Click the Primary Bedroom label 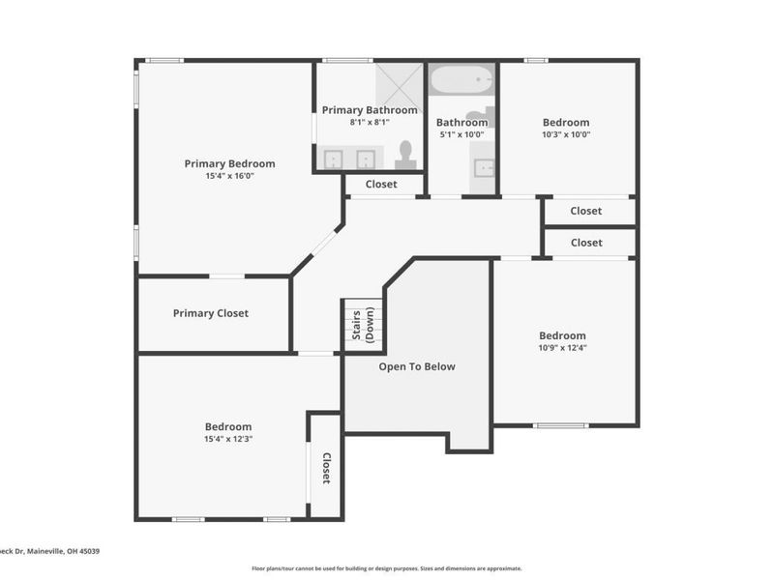tap(229, 163)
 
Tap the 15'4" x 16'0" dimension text tap(229, 176)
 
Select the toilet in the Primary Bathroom tap(405, 155)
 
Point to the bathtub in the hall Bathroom tap(461, 80)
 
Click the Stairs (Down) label tap(363, 326)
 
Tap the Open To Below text tap(416, 366)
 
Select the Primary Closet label tap(210, 313)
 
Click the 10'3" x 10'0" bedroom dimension tap(566, 134)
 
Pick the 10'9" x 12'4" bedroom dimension tap(562, 348)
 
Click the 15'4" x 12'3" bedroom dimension tap(227, 439)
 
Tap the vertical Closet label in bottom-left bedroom tap(326, 468)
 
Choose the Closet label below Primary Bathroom tap(381, 184)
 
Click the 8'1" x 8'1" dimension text tap(370, 122)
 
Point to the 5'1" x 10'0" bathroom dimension tap(461, 134)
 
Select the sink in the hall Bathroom tap(483, 168)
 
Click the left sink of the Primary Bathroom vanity tap(332, 159)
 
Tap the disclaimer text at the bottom tap(387, 568)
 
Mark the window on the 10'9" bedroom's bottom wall tap(560, 425)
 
